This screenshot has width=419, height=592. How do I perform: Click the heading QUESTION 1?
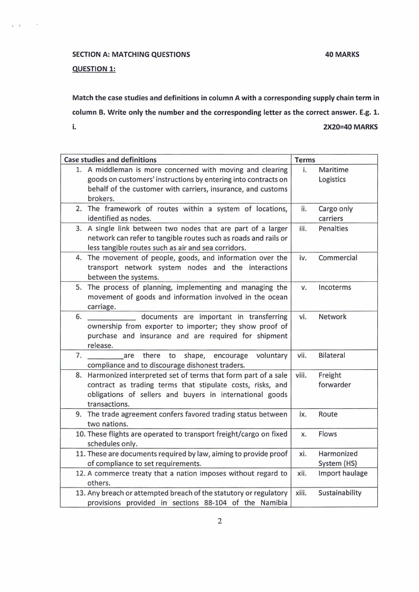pos(94,69)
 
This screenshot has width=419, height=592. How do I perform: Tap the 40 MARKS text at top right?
pos(343,54)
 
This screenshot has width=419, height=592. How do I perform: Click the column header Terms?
pos(305,159)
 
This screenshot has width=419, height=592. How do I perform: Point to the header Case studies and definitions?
pos(110,159)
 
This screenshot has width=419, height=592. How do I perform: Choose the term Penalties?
pos(333,228)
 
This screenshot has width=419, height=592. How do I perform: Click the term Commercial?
pos(338,258)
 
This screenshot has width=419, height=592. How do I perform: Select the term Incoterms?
pos(335,288)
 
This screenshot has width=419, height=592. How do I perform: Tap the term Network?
pos(332,317)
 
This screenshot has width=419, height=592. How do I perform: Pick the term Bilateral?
pos(332,356)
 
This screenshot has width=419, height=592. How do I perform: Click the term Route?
pos(328,414)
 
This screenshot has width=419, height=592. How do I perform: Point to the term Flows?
pos(328,434)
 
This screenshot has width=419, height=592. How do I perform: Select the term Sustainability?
pos(340,493)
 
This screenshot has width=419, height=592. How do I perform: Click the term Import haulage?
pos(343,473)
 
